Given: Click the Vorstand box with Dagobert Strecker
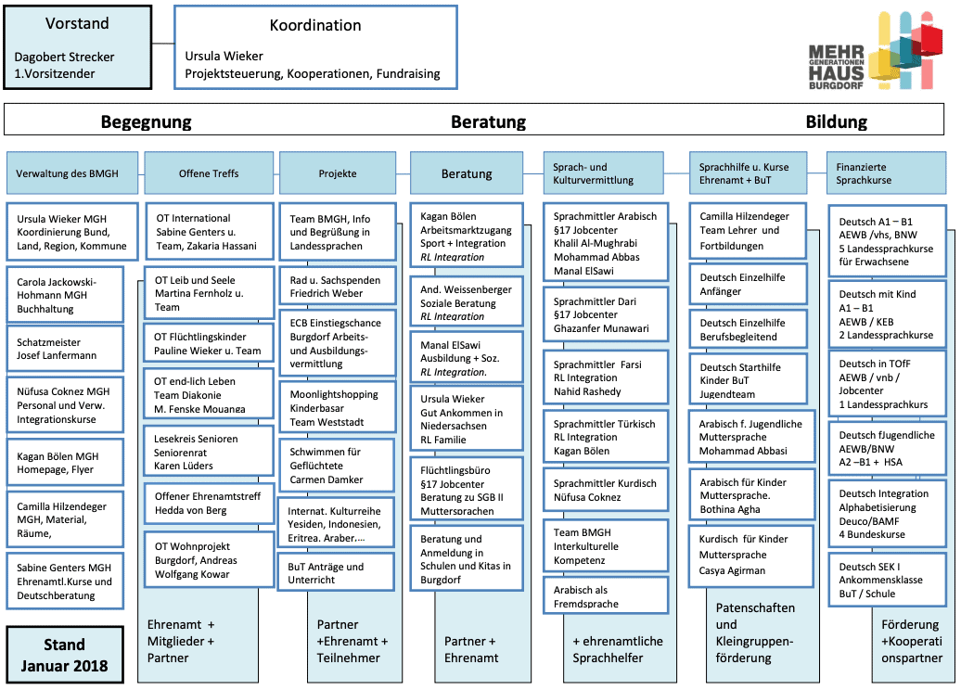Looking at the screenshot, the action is point(78,47).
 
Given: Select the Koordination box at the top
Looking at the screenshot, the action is point(315,47).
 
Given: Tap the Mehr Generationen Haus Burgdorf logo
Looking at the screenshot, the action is point(876,50).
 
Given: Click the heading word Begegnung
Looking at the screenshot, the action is point(146,121).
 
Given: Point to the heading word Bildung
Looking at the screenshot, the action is point(836,121).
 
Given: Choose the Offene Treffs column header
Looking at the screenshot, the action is point(209,173).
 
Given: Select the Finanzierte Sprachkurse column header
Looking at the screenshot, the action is point(886,173).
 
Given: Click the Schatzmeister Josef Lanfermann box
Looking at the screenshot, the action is point(65,349).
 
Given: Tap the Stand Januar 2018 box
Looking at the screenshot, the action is point(65,655).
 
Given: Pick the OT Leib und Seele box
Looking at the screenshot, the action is point(209,293).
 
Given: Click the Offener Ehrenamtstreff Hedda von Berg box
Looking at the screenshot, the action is point(209,503).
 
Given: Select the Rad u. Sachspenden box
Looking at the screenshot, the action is point(338,287).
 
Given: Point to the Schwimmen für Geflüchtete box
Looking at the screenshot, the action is point(337,466).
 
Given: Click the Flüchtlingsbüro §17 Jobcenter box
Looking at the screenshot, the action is point(467,490).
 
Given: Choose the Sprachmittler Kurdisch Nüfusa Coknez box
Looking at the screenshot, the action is point(606,490).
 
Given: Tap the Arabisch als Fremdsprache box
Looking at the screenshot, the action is point(606,595).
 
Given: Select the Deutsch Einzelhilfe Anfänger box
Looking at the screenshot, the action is point(748,284).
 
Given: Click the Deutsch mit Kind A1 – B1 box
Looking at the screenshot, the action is point(888,314).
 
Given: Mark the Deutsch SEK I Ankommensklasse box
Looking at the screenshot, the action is point(888,580).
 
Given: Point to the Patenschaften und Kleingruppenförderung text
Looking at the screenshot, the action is point(755,632).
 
